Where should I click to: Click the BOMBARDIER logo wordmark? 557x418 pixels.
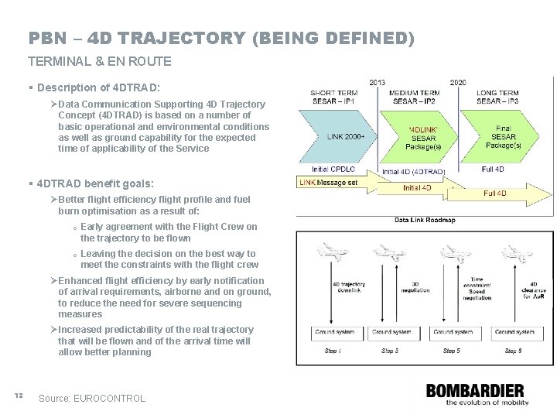[x=474, y=391]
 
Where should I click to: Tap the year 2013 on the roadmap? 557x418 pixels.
[x=378, y=81]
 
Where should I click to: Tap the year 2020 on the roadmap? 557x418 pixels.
[x=458, y=81]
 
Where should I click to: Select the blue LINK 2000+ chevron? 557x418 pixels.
[x=340, y=136]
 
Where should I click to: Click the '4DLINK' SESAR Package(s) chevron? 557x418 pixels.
[x=421, y=136]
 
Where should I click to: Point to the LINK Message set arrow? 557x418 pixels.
[x=333, y=183]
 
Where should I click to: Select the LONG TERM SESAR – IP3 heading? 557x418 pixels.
[x=498, y=96]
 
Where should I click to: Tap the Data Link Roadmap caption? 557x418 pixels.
[x=424, y=220]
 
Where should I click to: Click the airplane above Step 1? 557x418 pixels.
[x=331, y=255]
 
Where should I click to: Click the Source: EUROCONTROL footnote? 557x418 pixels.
[x=92, y=398]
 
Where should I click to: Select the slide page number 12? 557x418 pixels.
[x=19, y=396]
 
